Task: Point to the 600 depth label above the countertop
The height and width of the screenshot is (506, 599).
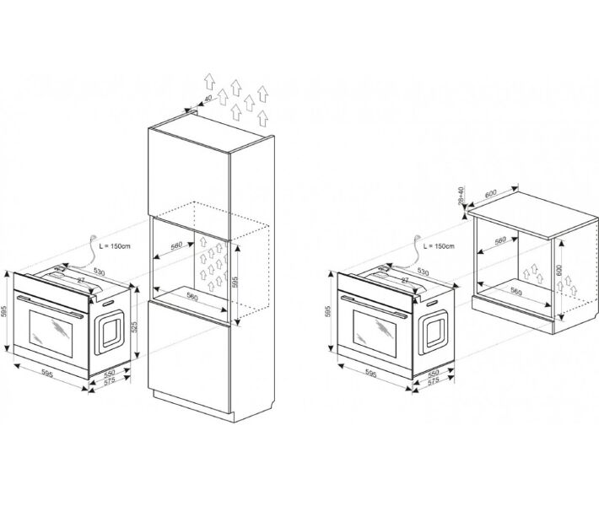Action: (x=489, y=194)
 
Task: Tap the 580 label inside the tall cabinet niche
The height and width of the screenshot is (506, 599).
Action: (x=175, y=245)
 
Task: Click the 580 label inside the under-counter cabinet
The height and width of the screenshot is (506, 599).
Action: (x=500, y=241)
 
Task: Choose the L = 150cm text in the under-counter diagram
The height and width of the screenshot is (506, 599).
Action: (x=439, y=245)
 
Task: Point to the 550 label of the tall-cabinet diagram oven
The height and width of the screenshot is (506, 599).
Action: (x=110, y=372)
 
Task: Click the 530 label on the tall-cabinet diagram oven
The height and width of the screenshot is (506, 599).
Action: (x=99, y=272)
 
